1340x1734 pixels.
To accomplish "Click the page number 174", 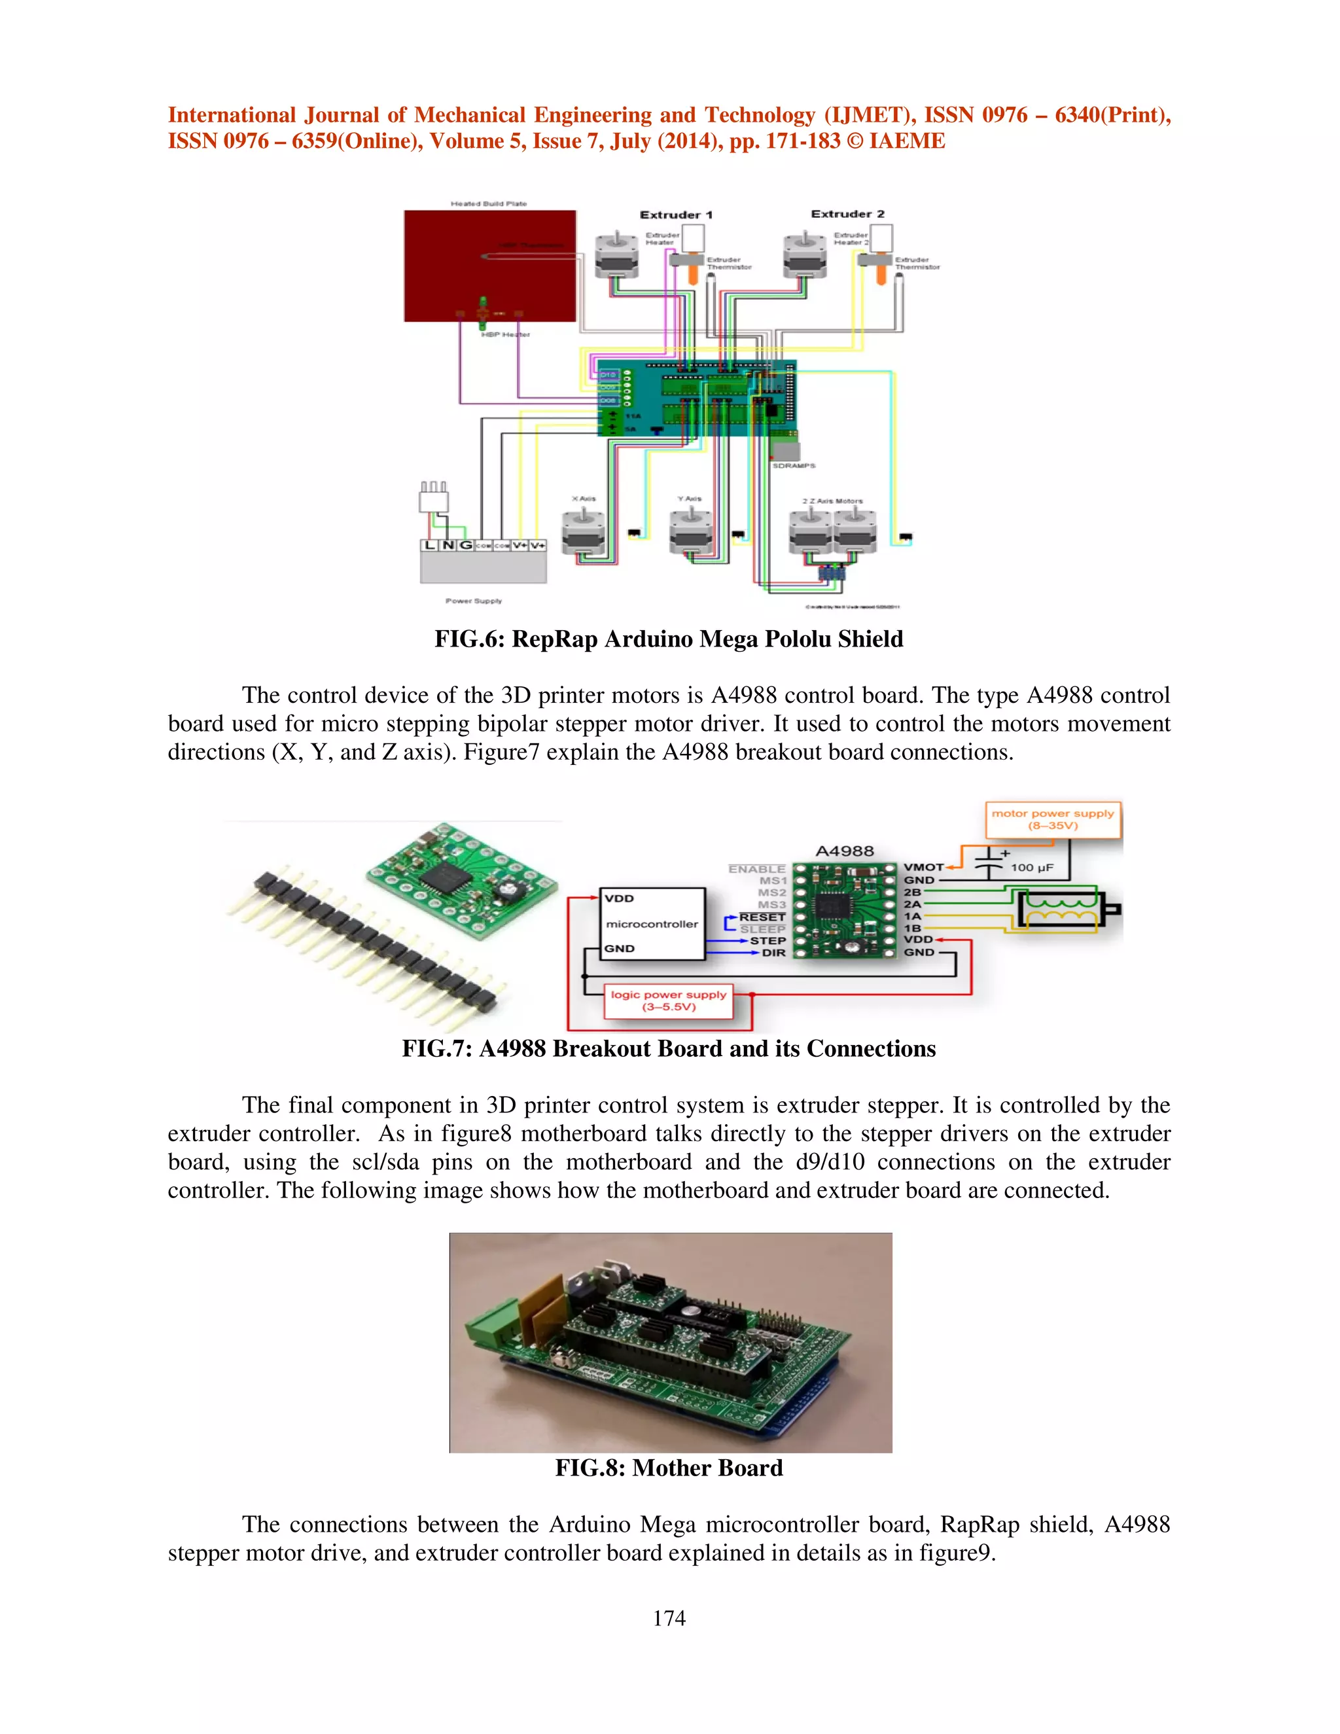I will coord(669,1618).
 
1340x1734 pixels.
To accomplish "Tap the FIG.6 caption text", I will coord(669,639).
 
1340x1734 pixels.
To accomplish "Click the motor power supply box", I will coord(1053,819).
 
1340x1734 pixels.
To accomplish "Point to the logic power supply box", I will coord(669,1000).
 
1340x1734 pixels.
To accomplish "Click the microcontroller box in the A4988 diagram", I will coord(652,923).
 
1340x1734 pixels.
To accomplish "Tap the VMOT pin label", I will coord(923,867).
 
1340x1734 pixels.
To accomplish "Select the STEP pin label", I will coord(767,940).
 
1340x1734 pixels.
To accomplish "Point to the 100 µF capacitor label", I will coord(1031,868).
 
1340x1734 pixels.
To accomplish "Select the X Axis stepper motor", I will coord(584,532).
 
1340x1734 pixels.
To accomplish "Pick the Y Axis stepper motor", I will coord(691,532).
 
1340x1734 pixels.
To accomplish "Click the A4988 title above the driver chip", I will coord(844,851).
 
